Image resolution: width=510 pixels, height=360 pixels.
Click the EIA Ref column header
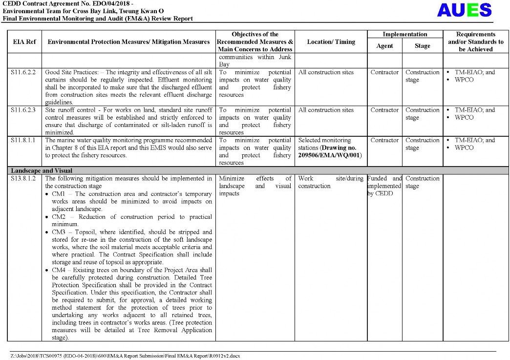[24, 42]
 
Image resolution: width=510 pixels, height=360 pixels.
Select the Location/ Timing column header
[331, 42]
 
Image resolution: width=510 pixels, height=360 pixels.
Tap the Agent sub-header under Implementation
[384, 46]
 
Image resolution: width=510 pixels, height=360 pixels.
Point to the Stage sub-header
[422, 46]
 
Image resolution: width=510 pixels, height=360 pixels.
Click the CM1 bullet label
[59, 194]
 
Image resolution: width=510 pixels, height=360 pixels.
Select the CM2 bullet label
[59, 217]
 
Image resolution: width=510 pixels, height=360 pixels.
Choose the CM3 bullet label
[59, 232]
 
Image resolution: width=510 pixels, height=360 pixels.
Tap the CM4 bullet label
[59, 270]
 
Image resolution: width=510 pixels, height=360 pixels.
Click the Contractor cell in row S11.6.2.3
[384, 110]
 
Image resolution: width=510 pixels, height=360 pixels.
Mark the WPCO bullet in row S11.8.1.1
[464, 148]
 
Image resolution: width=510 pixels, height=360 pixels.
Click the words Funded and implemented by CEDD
[384, 186]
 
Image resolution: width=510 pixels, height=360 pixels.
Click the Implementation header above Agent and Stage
[404, 35]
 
